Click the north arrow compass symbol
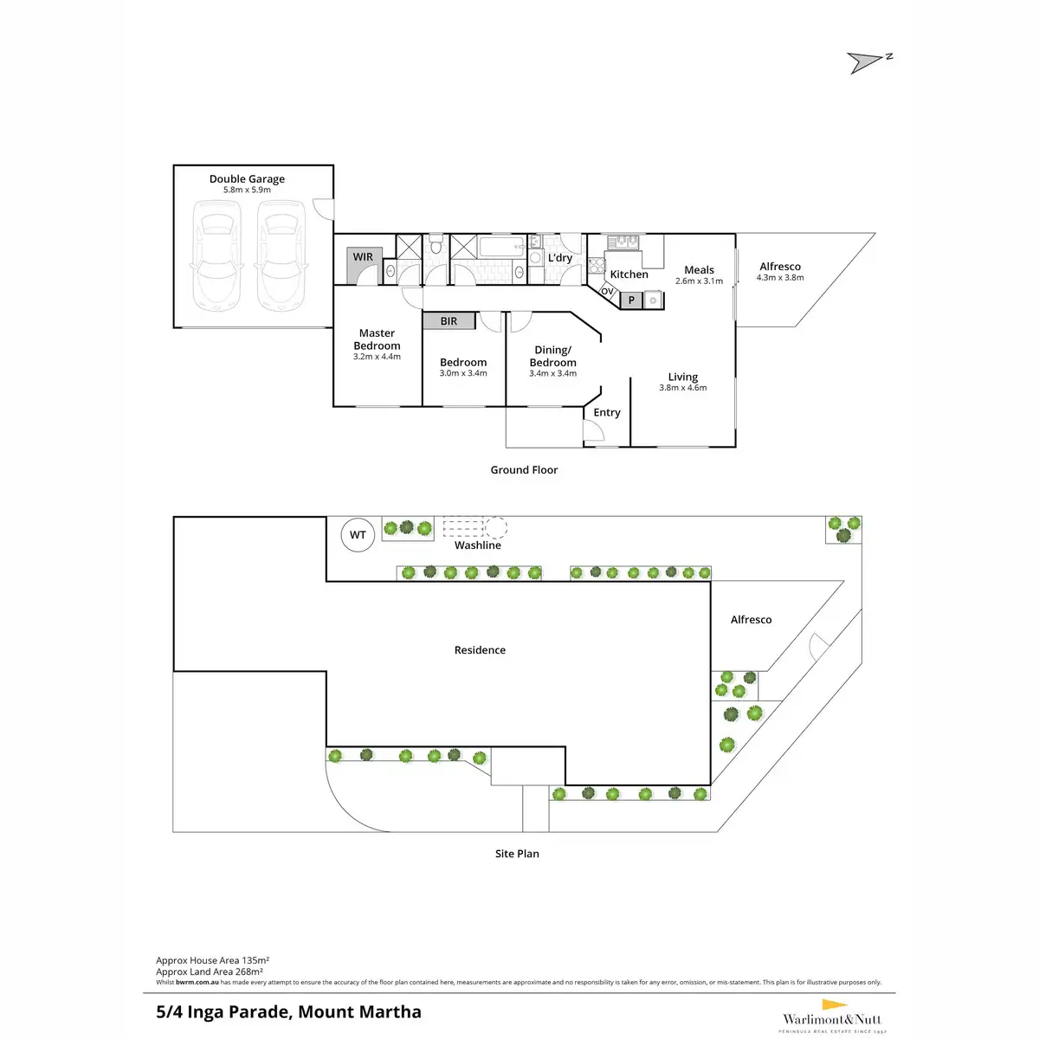(868, 62)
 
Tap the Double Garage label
(247, 179)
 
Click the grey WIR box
(364, 258)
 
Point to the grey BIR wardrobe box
(449, 321)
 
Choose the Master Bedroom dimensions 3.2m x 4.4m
(377, 357)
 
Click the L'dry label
(560, 258)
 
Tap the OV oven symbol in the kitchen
(608, 292)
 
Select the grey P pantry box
(631, 300)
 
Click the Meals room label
(699, 270)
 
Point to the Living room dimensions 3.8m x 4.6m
(682, 388)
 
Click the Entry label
(607, 413)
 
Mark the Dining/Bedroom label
(552, 356)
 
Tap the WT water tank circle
(358, 535)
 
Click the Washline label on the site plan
(478, 545)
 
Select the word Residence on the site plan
(480, 650)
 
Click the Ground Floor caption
(524, 470)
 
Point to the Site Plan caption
(517, 854)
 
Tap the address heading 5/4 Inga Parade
(288, 1011)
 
